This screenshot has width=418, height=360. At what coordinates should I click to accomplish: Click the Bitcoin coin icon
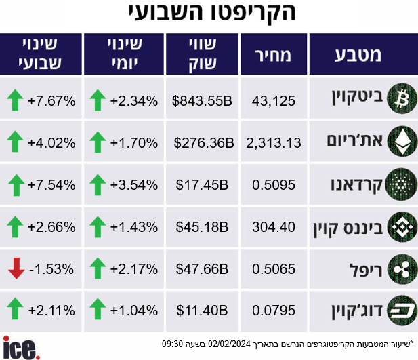(x=402, y=99)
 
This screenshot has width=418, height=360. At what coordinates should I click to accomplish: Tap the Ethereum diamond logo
(x=402, y=141)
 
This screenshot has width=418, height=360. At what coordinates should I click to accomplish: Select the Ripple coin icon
(x=402, y=269)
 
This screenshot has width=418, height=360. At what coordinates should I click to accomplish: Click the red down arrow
(x=16, y=268)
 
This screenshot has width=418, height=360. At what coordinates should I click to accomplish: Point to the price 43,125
(x=274, y=101)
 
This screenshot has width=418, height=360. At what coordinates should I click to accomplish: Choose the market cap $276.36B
(x=204, y=143)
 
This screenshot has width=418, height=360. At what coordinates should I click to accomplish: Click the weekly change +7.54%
(x=51, y=185)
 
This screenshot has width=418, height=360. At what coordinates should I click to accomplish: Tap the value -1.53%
(x=51, y=269)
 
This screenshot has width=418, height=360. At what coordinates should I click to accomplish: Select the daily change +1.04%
(x=134, y=311)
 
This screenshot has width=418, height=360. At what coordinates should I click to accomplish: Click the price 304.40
(x=274, y=227)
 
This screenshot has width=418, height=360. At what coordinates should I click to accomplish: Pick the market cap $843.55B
(x=202, y=101)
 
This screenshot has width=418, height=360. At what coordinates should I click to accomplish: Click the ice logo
(x=21, y=347)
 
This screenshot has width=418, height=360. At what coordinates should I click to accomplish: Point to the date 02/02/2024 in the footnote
(x=229, y=344)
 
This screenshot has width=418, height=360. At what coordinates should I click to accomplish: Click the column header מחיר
(x=273, y=55)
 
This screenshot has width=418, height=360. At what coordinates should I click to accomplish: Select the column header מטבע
(x=358, y=55)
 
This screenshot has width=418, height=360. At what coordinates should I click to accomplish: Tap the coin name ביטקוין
(x=357, y=98)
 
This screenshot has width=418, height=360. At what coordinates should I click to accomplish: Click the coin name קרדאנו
(x=356, y=185)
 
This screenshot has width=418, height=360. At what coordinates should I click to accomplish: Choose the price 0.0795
(x=274, y=311)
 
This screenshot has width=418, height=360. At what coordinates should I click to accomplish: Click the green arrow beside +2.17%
(x=98, y=268)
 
